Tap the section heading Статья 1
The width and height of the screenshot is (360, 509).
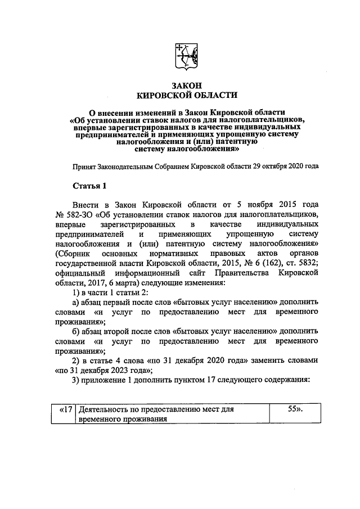89,186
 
